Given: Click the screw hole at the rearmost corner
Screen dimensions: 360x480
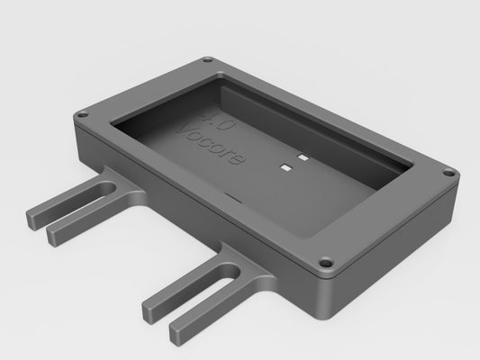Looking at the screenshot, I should pos(208,61).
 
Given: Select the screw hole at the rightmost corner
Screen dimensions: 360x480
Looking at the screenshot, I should pos(447,169).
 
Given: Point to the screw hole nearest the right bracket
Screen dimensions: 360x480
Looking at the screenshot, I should pos(326,265).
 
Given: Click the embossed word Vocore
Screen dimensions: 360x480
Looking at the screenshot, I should pos(211,144).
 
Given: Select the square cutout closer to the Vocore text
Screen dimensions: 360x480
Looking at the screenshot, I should pos(285,166).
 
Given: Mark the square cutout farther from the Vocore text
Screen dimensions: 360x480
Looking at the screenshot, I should pos(303,158).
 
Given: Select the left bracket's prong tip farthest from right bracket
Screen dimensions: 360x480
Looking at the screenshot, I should pos(33,218).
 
